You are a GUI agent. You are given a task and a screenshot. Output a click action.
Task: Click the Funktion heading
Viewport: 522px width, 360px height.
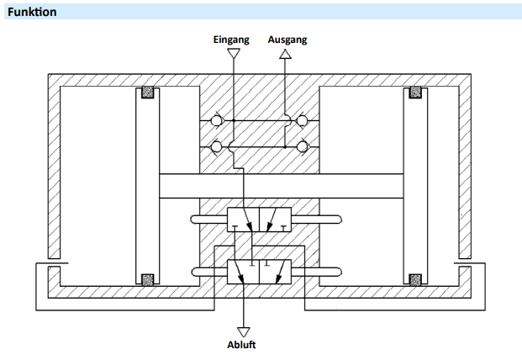[x=32, y=12]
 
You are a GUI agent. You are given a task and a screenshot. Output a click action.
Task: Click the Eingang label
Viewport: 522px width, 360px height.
[x=231, y=40]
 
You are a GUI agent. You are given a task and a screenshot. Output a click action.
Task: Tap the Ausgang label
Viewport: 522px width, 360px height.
[x=287, y=40]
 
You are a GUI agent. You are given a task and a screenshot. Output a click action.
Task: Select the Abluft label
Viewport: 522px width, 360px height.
[x=241, y=345]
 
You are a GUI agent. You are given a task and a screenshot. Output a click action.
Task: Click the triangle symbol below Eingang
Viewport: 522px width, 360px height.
[x=234, y=53]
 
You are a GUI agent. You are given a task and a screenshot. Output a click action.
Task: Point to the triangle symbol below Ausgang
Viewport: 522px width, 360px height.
[x=285, y=54]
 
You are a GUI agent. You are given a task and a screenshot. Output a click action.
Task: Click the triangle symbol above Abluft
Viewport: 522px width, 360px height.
[x=244, y=331]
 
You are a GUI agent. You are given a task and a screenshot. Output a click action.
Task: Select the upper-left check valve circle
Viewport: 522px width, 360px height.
[x=216, y=120]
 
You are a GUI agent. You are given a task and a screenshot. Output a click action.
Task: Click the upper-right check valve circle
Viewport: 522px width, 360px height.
[x=302, y=120]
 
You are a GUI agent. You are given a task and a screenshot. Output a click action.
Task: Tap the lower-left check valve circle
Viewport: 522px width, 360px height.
[x=216, y=146]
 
